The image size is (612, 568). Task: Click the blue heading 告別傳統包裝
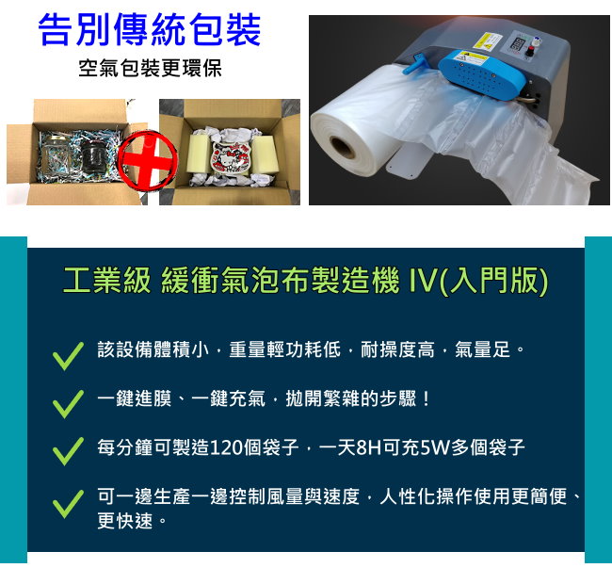[150, 30]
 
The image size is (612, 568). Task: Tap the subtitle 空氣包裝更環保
[150, 70]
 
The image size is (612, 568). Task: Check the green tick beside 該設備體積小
[68, 355]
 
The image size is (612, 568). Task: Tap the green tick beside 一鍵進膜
[68, 402]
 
